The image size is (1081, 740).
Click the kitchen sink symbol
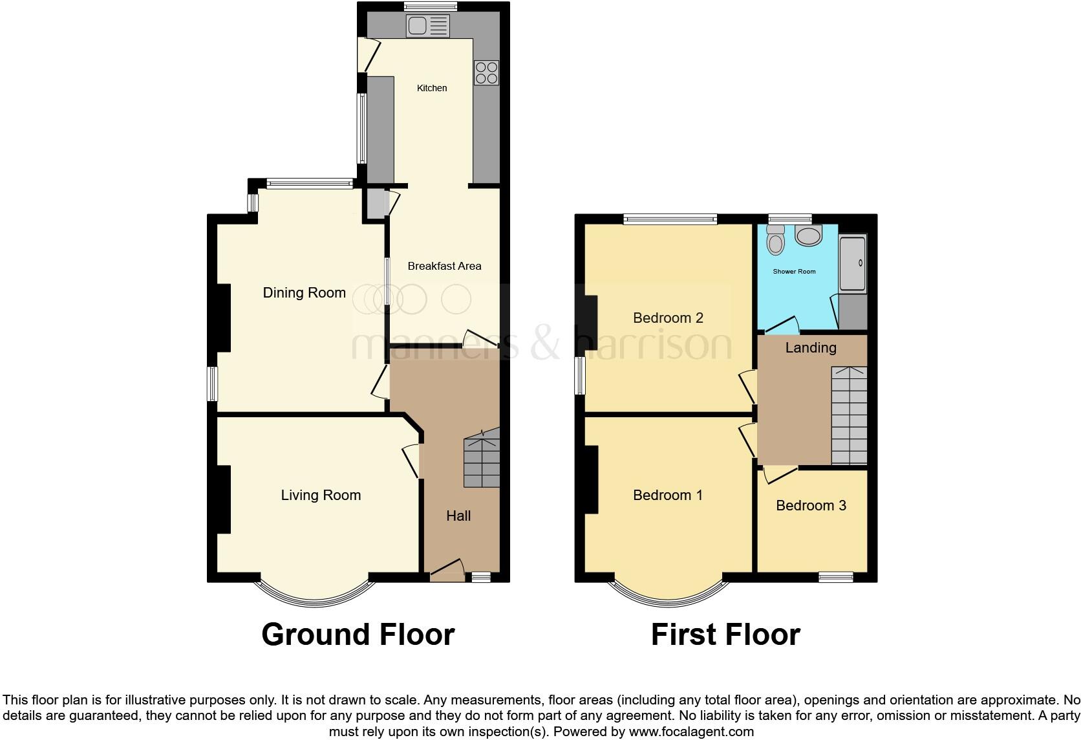tap(427, 27)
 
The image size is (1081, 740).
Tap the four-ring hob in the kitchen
tap(486, 72)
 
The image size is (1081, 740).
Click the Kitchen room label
tap(432, 88)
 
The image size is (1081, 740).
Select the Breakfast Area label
tap(444, 266)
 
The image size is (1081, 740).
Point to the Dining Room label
tap(304, 293)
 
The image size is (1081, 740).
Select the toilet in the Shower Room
tap(775, 241)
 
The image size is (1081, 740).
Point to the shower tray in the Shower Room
tap(852, 263)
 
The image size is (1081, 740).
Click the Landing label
tap(811, 348)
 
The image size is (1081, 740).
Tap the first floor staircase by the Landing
tap(849, 415)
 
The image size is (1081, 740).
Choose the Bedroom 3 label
tap(811, 506)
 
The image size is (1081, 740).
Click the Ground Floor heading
tap(358, 635)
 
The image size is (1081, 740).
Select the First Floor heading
tap(725, 635)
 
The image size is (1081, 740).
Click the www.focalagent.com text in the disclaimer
tap(690, 732)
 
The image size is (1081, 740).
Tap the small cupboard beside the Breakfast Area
tap(375, 203)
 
